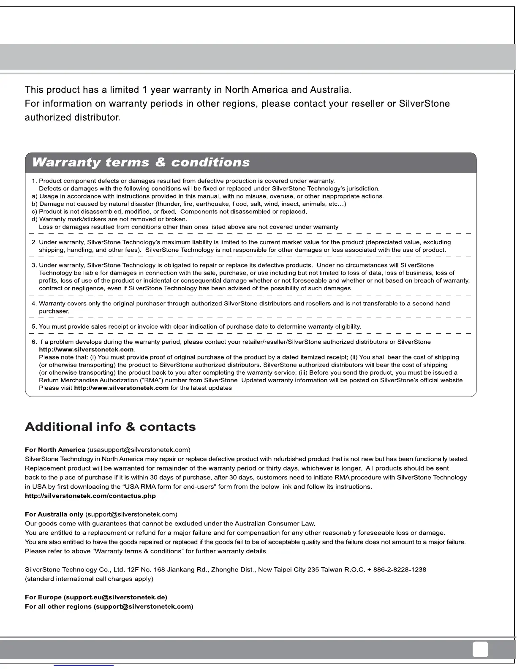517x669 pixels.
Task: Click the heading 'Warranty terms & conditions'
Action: pyautogui.click(x=141, y=163)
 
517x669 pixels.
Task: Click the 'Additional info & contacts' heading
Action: pyautogui.click(x=110, y=427)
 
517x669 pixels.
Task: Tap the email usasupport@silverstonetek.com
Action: pyautogui.click(x=139, y=450)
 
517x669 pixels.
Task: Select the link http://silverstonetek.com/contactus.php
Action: pyautogui.click(x=90, y=496)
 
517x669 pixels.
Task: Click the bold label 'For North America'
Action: pyautogui.click(x=55, y=450)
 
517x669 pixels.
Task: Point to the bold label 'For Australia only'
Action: pyautogui.click(x=54, y=514)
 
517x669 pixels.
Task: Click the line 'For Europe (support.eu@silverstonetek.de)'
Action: pyautogui.click(x=96, y=598)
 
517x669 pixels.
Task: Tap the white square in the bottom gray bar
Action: pyautogui.click(x=480, y=649)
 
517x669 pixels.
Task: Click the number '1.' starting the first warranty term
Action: pyautogui.click(x=34, y=181)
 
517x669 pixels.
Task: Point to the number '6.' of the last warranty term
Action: pyautogui.click(x=34, y=342)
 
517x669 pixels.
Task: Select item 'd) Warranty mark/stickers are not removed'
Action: pyautogui.click(x=109, y=220)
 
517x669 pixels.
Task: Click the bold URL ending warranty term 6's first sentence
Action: pyautogui.click(x=86, y=350)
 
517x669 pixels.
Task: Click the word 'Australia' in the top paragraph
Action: pyautogui.click(x=330, y=90)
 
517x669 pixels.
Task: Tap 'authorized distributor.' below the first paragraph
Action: pyautogui.click(x=73, y=117)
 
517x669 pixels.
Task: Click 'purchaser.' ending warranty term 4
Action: pyautogui.click(x=54, y=311)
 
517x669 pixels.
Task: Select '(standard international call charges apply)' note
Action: pyautogui.click(x=89, y=579)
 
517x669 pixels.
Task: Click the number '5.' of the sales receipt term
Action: pyautogui.click(x=34, y=326)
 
